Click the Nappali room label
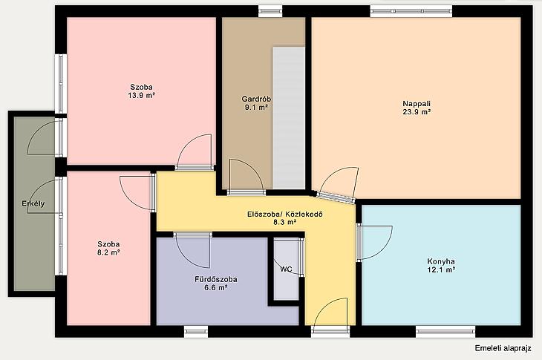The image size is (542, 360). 417,103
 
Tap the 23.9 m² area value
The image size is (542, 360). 417,111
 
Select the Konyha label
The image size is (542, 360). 441,261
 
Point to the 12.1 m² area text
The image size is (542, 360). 441,270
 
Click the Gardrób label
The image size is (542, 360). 256,99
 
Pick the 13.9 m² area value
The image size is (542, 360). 141,95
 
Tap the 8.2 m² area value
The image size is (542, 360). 108,252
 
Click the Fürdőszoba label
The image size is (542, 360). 216,279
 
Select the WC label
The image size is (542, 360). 286,269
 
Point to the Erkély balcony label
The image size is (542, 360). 33,203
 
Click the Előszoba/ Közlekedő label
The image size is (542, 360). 285,214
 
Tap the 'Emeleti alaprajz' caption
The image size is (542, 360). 503,348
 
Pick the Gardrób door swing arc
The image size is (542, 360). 254,169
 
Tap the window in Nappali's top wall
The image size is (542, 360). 411,10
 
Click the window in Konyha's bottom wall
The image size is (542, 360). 445,331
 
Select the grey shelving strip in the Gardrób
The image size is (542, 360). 289,118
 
